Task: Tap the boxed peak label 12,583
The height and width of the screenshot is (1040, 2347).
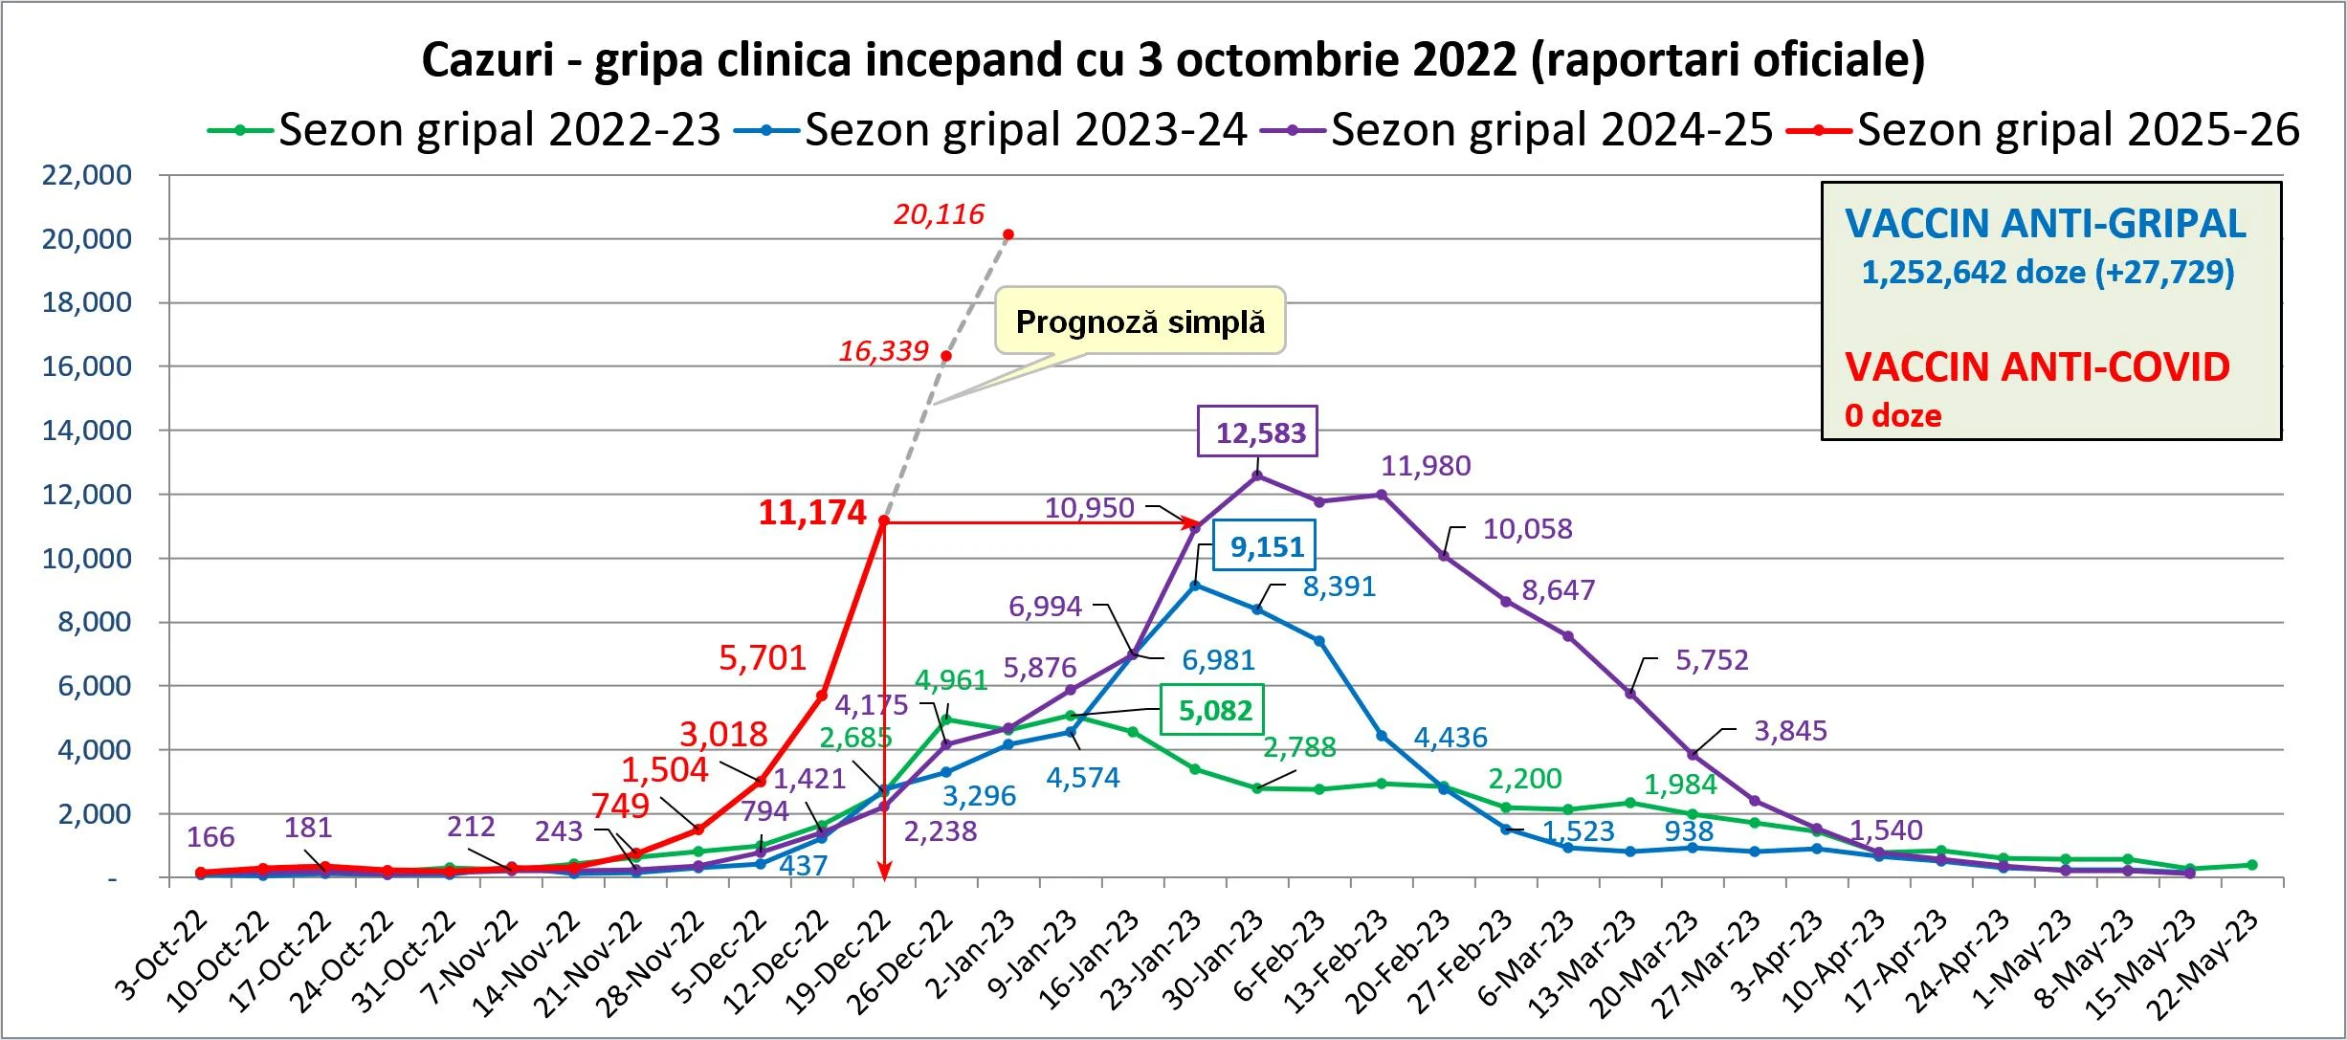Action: point(1260,433)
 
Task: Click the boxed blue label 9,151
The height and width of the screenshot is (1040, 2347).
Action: point(1266,547)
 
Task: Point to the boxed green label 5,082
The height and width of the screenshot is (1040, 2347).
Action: point(1214,711)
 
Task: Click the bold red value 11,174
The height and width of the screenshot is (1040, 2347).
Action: point(812,513)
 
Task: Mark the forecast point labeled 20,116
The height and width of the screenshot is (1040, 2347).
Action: point(1008,234)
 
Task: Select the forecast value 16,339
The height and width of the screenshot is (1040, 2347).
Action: point(883,351)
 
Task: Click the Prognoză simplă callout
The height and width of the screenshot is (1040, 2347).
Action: point(1140,322)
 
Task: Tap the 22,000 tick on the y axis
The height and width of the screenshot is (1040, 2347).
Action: point(86,175)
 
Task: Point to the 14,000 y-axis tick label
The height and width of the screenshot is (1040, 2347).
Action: point(86,431)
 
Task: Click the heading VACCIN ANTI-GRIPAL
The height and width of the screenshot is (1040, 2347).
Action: point(2045,224)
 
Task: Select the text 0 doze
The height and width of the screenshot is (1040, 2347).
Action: point(1893,415)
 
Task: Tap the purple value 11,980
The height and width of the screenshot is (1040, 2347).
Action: point(1426,466)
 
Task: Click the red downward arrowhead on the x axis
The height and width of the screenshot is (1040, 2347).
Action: point(885,871)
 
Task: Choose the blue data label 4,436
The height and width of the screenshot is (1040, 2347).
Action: point(1450,738)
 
